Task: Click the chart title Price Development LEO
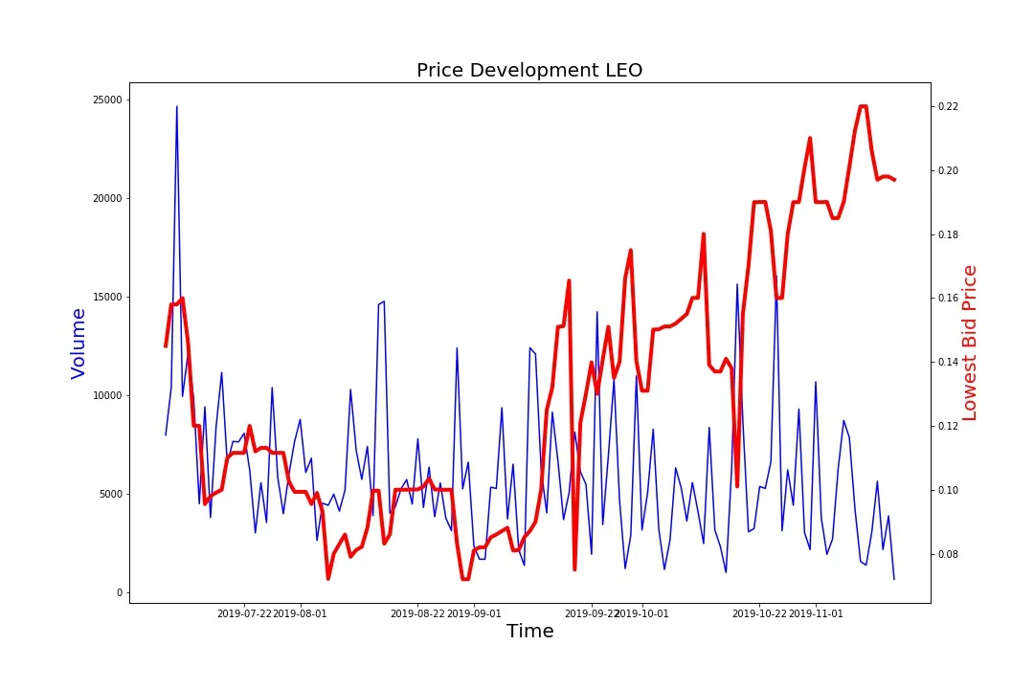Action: point(529,70)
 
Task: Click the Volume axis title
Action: point(79,344)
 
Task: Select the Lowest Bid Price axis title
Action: point(970,344)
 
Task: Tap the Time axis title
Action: point(529,632)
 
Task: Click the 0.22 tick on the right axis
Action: point(949,106)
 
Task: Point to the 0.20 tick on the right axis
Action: point(949,170)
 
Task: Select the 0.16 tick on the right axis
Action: point(949,299)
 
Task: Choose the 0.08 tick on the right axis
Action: point(949,555)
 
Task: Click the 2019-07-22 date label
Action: point(245,613)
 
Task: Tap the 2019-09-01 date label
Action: point(474,613)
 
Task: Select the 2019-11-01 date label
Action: point(816,613)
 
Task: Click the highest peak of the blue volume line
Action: point(176,106)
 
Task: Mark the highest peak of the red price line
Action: point(863,106)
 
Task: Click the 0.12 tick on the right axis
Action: point(949,427)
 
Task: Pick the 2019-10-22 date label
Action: point(759,613)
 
